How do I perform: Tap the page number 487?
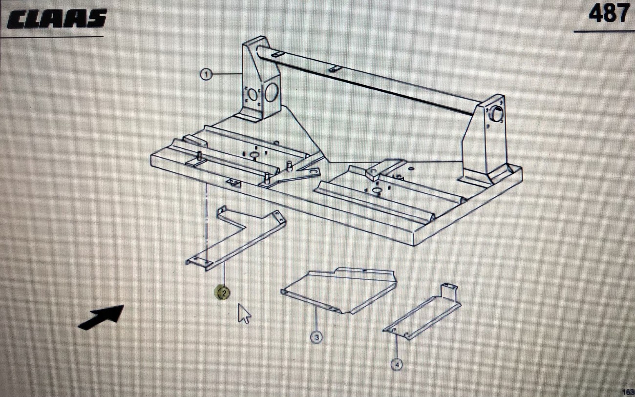pos(608,13)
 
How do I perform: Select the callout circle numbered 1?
pos(206,75)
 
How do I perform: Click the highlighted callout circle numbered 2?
pos(223,293)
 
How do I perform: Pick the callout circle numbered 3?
pos(316,337)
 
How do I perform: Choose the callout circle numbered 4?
pos(397,364)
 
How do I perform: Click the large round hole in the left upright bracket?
pos(271,92)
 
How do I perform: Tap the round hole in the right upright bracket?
pos(497,114)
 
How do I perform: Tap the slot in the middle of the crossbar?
pos(335,69)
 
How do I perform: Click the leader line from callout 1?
pos(227,74)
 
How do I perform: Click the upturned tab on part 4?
pos(449,290)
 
